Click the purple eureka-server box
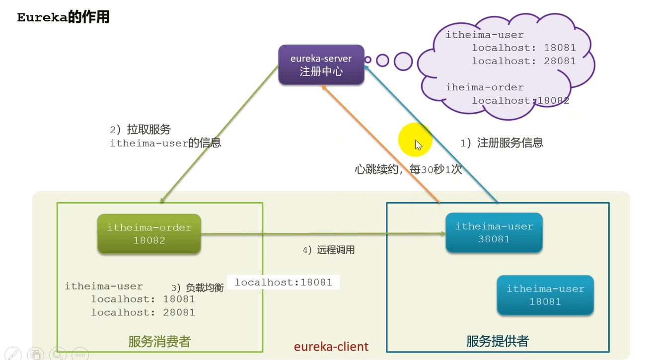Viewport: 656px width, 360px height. [x=321, y=65]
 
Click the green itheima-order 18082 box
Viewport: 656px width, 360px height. [x=149, y=234]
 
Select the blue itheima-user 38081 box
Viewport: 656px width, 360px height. [x=494, y=232]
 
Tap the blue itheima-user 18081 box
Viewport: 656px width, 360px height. [x=545, y=295]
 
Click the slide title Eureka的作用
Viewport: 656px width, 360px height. [x=63, y=17]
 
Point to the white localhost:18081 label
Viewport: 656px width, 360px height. [x=283, y=282]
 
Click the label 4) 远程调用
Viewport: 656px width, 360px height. [x=328, y=250]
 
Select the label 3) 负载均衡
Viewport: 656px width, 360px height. [x=197, y=288]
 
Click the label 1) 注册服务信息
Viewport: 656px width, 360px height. [x=502, y=143]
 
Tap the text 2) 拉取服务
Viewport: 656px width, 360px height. [x=140, y=130]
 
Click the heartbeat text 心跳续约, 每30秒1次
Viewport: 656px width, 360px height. [x=408, y=169]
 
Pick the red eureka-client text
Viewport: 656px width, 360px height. [x=331, y=346]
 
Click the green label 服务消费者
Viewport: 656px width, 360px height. [x=159, y=341]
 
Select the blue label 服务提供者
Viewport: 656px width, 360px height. [x=497, y=341]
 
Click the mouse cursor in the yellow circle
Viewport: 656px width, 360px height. [x=418, y=145]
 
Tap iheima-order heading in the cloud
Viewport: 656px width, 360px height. [x=484, y=87]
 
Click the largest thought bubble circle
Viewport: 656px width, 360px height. [x=403, y=61]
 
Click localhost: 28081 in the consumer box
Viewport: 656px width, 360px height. [x=143, y=312]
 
